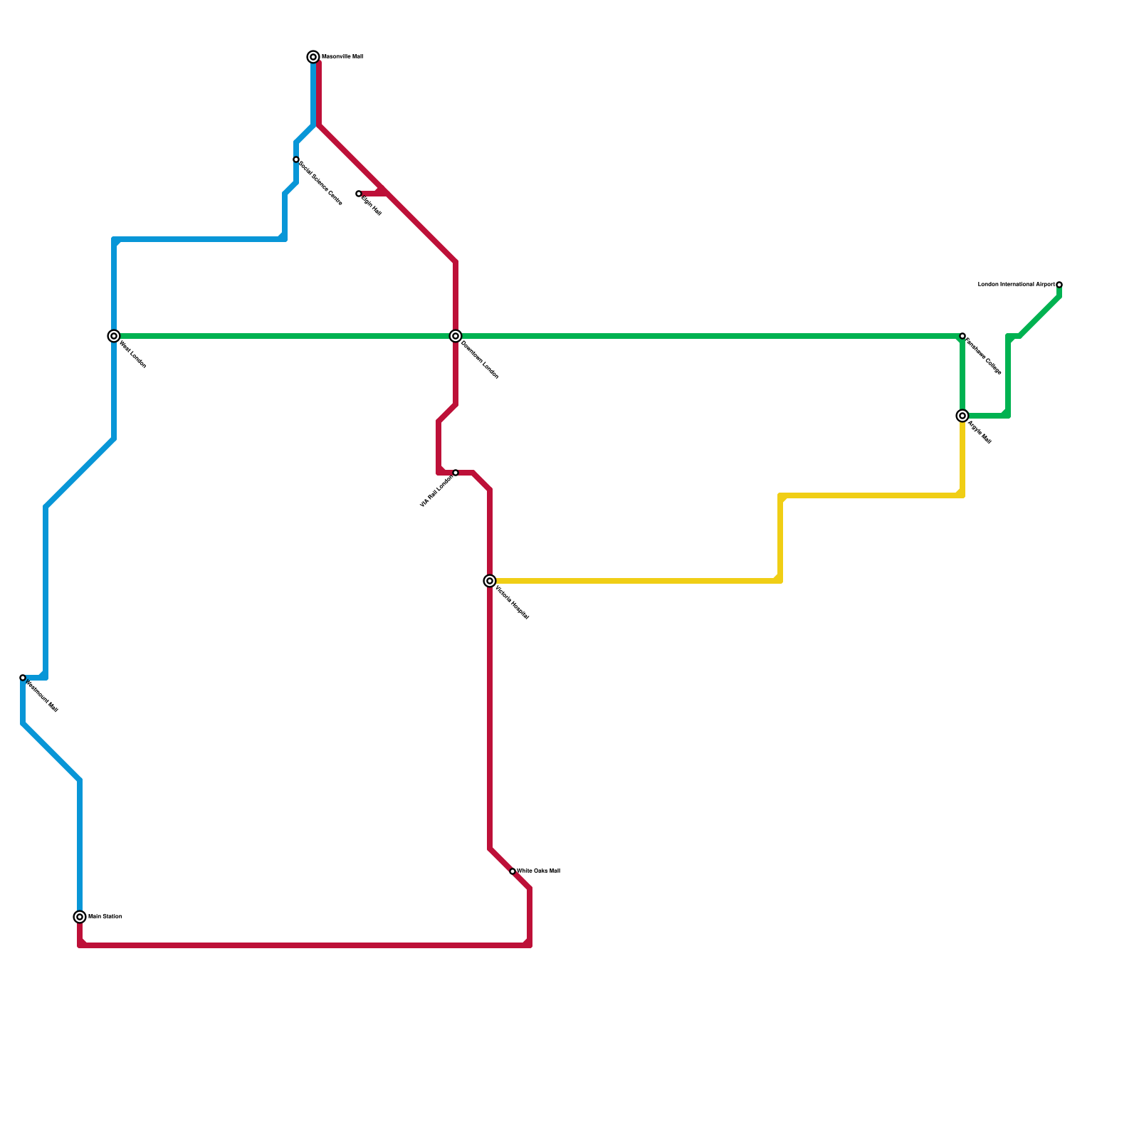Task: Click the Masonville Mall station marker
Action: coord(313,57)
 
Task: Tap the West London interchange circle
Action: coord(114,336)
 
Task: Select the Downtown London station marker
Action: coord(456,336)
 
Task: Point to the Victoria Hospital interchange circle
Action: coord(490,581)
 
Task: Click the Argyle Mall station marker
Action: coord(962,416)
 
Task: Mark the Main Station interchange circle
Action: coord(80,917)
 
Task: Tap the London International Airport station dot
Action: coord(1059,285)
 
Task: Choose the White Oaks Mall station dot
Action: coord(513,871)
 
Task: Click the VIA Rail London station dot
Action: coord(456,473)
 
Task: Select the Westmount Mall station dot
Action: coord(23,678)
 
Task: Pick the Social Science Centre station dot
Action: coord(296,159)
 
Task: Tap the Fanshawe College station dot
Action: coord(962,336)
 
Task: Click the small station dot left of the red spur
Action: coord(359,194)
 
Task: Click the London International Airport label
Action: coord(1016,285)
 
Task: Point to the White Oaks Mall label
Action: coord(538,871)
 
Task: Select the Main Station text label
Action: coord(105,917)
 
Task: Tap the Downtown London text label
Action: coord(480,360)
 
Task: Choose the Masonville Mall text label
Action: coord(342,57)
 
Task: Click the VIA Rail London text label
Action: coord(436,491)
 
